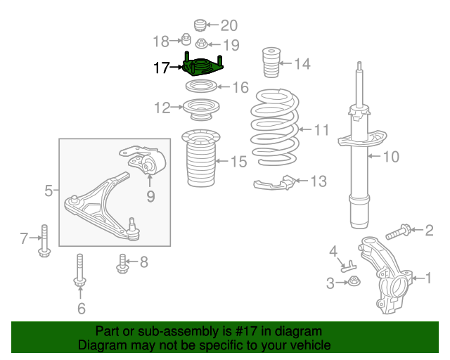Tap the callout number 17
click(x=162, y=67)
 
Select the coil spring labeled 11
click(x=275, y=127)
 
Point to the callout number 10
click(x=391, y=157)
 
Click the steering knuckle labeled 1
click(x=386, y=275)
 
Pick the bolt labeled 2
click(x=399, y=231)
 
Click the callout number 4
click(x=333, y=252)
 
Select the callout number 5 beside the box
click(x=49, y=191)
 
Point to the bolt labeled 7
click(x=44, y=240)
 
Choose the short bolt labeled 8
click(x=122, y=264)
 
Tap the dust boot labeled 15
click(x=201, y=158)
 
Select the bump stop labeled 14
click(x=271, y=63)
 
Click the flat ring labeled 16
click(x=201, y=86)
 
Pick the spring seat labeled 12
click(x=201, y=110)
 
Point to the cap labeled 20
click(x=200, y=25)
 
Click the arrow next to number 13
click(x=302, y=181)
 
